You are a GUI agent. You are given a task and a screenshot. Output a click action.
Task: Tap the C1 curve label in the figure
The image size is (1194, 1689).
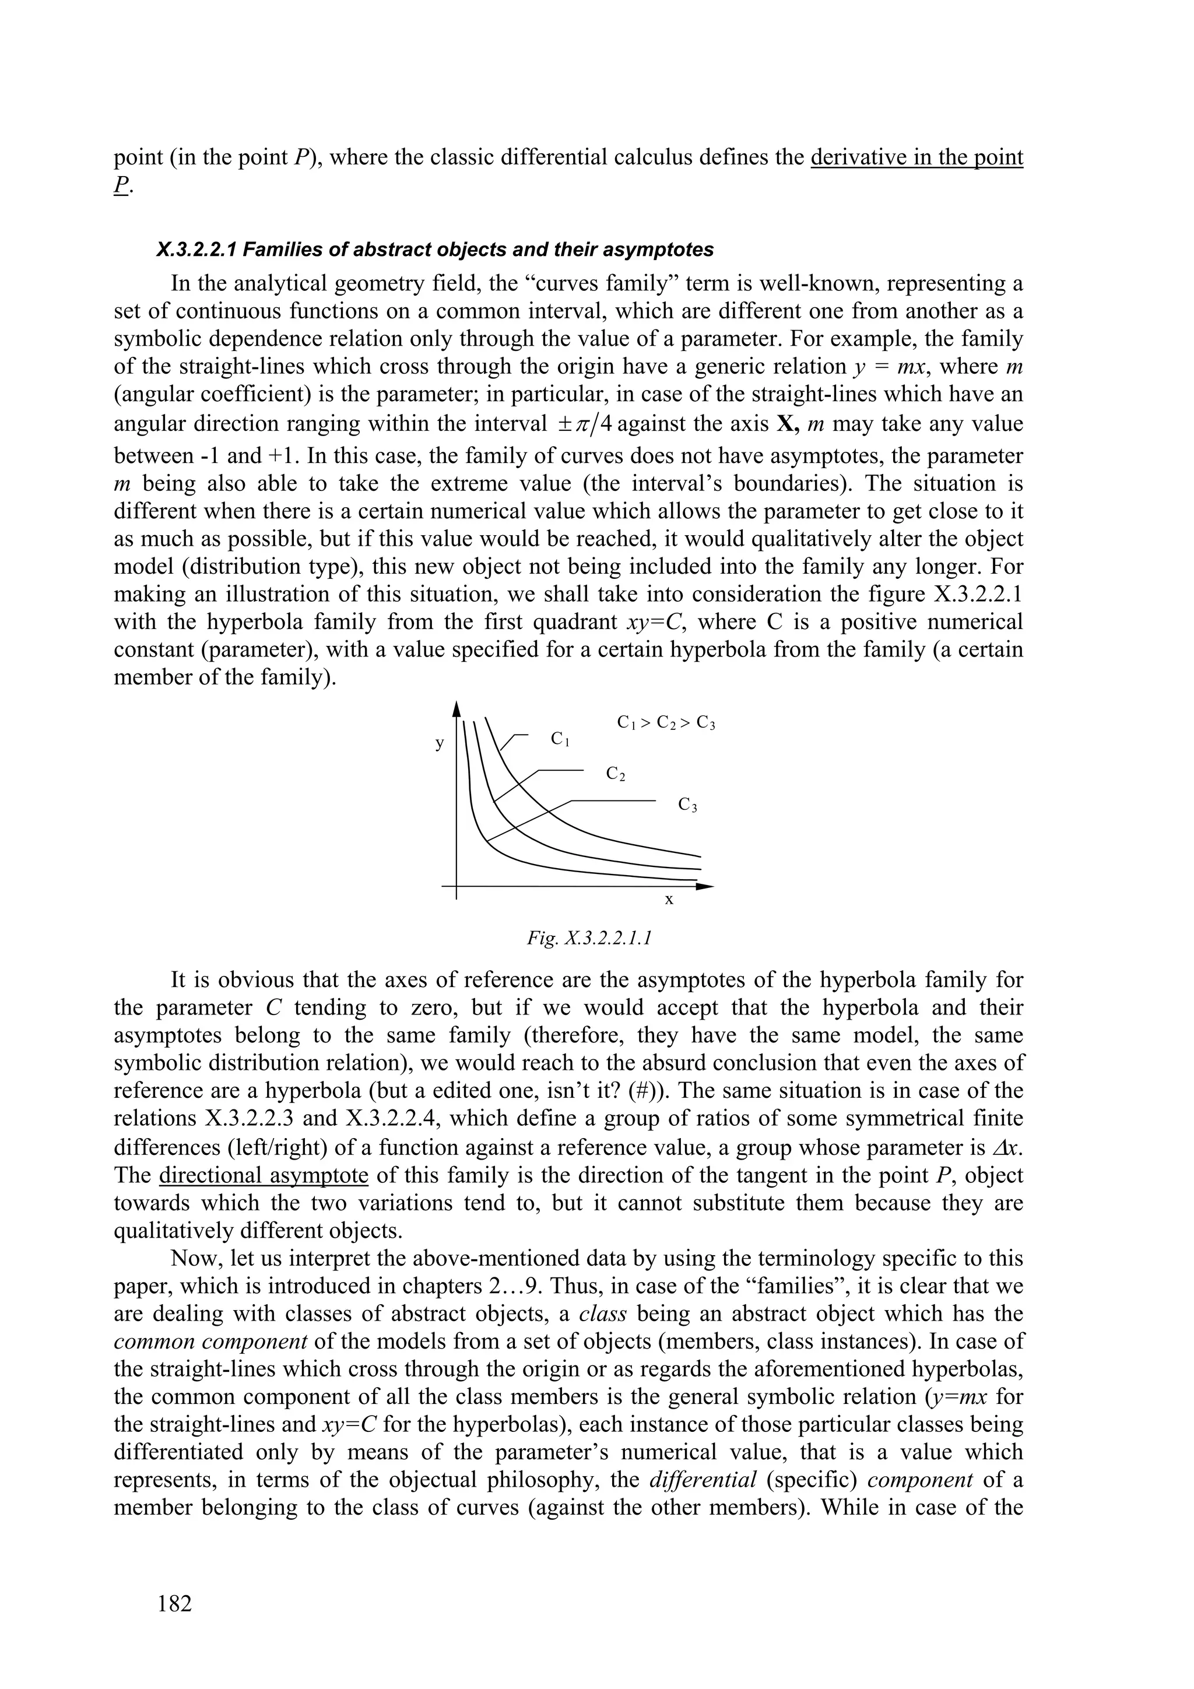coord(561,739)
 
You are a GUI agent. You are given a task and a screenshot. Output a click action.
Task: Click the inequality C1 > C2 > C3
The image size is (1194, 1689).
coord(666,723)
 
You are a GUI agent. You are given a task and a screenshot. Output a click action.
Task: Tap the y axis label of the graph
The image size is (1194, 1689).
coord(440,744)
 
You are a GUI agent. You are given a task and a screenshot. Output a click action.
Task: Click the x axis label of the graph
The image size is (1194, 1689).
coord(669,899)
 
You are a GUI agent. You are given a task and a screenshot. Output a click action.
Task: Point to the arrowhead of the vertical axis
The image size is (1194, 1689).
coord(457,708)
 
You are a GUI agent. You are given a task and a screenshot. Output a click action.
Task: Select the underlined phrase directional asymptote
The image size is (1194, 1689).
coord(264,1175)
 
